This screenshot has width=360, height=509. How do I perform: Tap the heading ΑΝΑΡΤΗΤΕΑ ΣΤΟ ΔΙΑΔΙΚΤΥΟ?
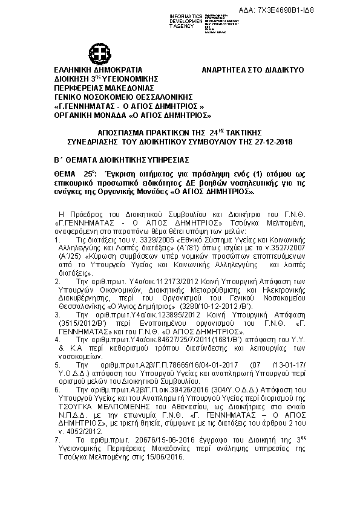(252, 70)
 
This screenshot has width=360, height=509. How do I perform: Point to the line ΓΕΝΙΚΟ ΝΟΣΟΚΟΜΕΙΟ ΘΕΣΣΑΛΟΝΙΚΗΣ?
(123, 96)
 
